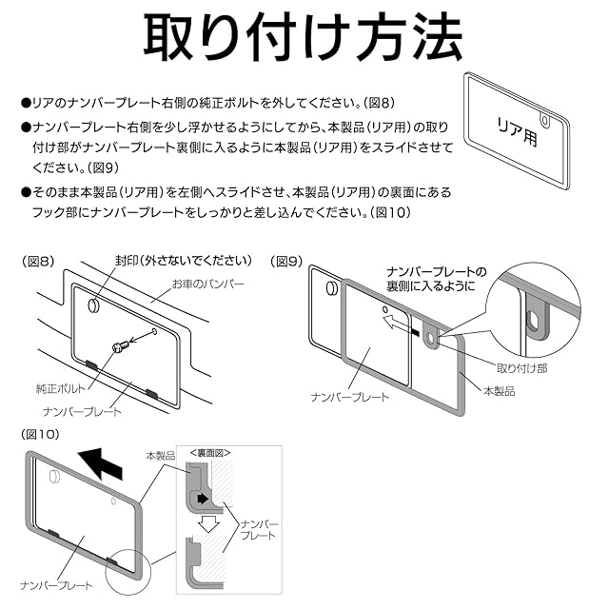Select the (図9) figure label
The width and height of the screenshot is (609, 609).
pyautogui.click(x=286, y=261)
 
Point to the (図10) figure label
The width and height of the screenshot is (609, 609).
pyautogui.click(x=44, y=433)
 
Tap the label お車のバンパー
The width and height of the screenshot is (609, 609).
pyautogui.click(x=207, y=285)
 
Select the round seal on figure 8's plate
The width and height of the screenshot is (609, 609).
pyautogui.click(x=94, y=305)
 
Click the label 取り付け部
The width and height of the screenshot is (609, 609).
pyautogui.click(x=521, y=366)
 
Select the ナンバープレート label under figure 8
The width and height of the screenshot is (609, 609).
pyautogui.click(x=83, y=411)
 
